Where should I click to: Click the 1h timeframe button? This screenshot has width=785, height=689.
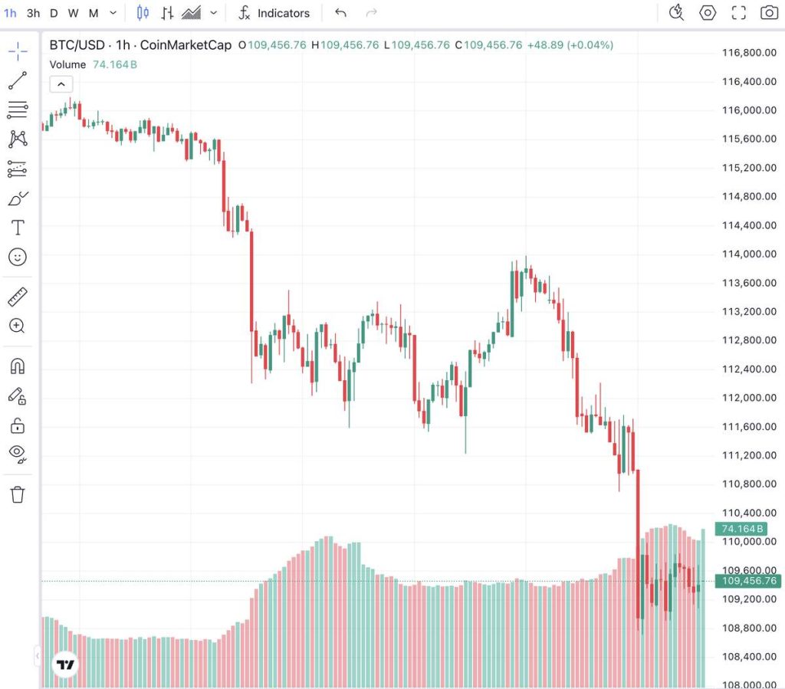coord(10,13)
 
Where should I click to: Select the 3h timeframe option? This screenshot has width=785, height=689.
coord(33,13)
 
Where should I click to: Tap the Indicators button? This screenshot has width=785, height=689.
coord(274,13)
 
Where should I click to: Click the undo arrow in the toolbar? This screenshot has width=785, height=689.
coord(341,13)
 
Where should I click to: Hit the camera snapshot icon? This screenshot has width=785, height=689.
coord(769,12)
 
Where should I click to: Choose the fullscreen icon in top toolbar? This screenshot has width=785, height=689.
coord(738,12)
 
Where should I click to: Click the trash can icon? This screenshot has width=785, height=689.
coord(18,494)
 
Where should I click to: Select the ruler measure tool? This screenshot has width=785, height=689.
coord(18,297)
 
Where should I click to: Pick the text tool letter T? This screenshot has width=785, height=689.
coord(18,228)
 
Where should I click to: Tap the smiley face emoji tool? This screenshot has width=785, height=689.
coord(18,257)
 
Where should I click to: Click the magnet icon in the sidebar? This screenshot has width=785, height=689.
coord(18,366)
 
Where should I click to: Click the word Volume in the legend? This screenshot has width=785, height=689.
coord(67,64)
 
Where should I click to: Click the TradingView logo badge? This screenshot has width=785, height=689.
coord(66,664)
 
